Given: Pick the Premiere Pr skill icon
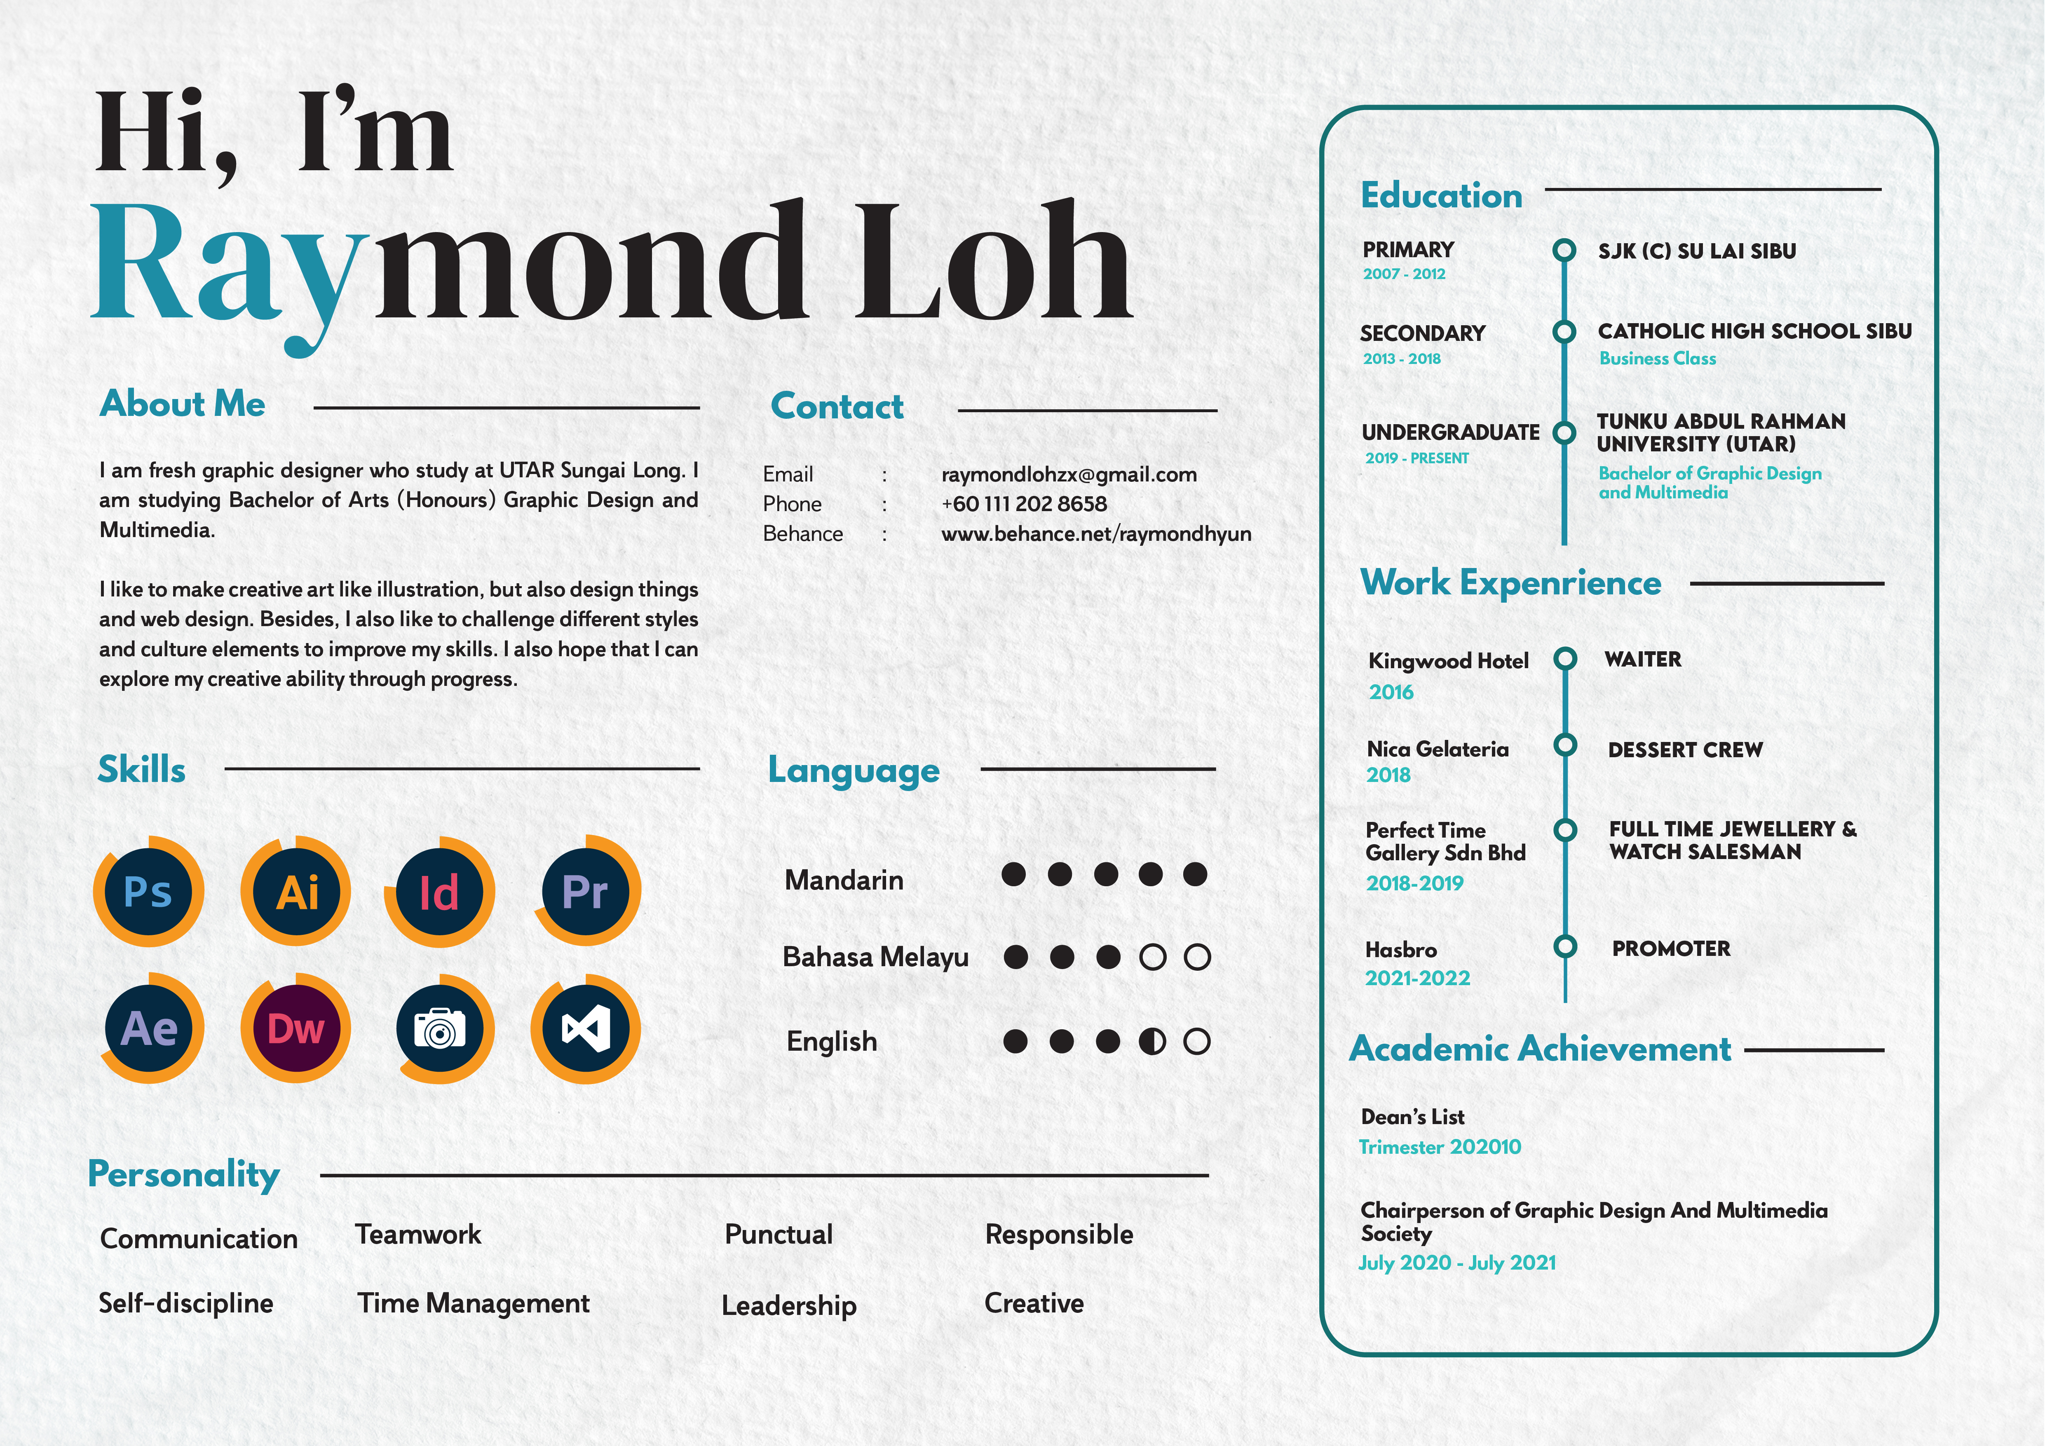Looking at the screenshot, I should pos(586,891).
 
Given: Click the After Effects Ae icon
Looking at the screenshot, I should pos(150,1029).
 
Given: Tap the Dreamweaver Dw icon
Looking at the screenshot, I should pos(296,1029).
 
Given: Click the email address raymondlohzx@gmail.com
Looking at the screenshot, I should pos(1069,475).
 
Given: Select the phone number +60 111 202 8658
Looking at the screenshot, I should pos(1024,504).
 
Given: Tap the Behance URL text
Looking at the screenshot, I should pos(1095,534).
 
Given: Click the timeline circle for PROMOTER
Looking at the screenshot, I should pos(1565,946).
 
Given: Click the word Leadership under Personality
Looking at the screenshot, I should pos(789,1305).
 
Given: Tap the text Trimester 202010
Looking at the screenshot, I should pos(1439,1147).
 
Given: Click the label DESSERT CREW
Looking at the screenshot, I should pos(1685,750).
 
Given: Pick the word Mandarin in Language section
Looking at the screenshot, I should pos(844,880).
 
